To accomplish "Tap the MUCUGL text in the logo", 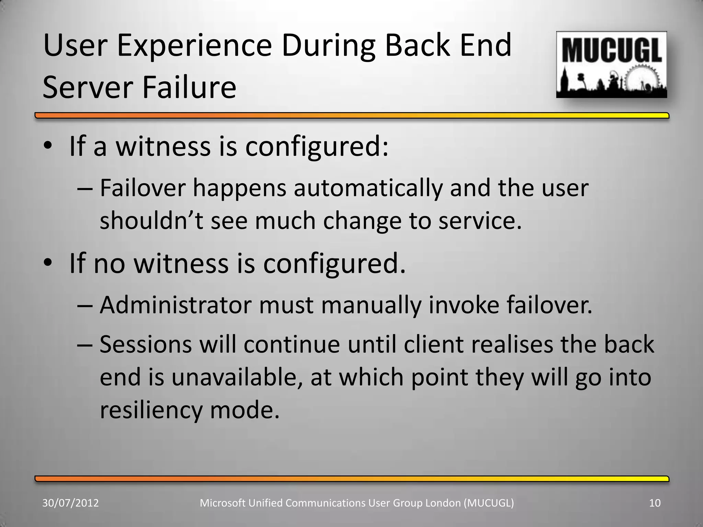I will [x=611, y=50].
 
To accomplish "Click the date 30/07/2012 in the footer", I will [x=70, y=503].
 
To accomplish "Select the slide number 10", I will [x=655, y=503].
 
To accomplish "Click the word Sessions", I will [x=146, y=344].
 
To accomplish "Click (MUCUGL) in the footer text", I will [x=488, y=503].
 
